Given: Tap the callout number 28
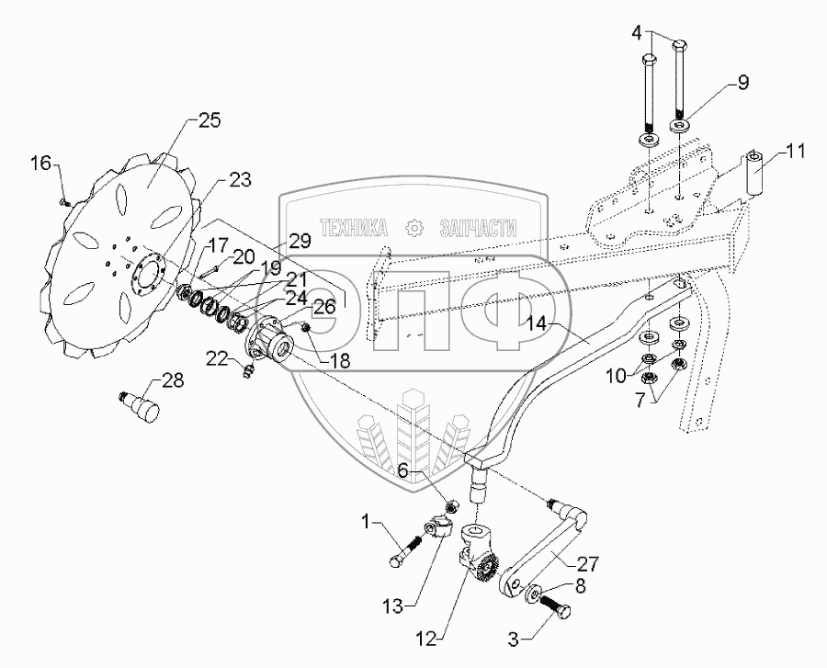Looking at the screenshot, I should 173,379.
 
